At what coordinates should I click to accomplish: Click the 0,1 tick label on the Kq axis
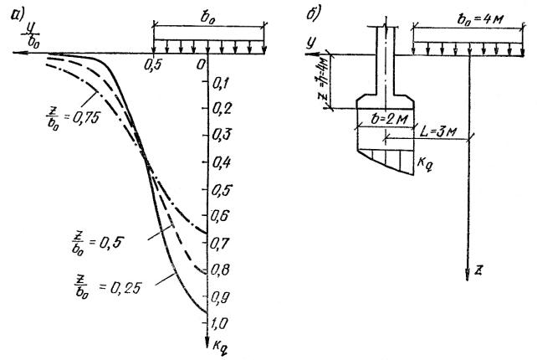tap(221, 83)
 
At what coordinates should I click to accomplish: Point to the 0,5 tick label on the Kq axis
tap(221, 189)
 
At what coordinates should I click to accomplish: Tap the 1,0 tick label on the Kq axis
tap(219, 323)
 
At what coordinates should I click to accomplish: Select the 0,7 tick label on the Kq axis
tap(219, 243)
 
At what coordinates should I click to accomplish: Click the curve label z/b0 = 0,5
tap(96, 243)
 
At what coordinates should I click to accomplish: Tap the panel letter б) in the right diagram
tap(314, 13)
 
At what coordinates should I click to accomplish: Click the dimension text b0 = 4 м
tap(480, 19)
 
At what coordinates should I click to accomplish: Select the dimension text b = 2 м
tap(390, 119)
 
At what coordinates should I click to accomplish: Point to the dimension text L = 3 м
tap(438, 131)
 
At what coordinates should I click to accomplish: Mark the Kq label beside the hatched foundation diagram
tap(425, 163)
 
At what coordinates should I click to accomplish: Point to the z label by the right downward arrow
tap(478, 270)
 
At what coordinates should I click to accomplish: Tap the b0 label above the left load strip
tap(207, 18)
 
